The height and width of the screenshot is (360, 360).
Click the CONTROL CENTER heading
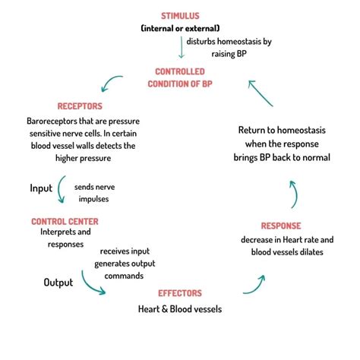coord(65,221)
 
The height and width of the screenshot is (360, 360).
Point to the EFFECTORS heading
coord(179,292)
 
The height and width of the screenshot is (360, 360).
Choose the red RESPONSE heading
coord(281,226)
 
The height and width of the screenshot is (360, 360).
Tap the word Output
coord(58,283)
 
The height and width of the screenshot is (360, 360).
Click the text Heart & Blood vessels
coord(179,309)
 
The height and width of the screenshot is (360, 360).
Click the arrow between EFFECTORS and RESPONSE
coord(254,284)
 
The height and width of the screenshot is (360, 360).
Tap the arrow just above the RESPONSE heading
coord(293,194)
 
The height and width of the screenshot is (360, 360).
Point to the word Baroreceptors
coord(53,120)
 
